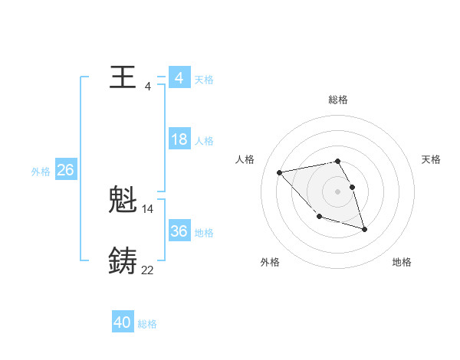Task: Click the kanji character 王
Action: pos(123,77)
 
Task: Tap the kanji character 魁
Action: pos(123,201)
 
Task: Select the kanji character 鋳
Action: pos(123,261)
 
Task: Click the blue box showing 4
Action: pos(179,78)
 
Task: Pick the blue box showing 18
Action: pos(179,139)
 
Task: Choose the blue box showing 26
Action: pos(65,170)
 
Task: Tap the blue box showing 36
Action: pos(179,231)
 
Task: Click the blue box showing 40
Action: pos(122,323)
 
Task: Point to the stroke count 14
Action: pos(148,208)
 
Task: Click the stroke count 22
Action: pos(148,270)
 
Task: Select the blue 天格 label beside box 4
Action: pos(204,80)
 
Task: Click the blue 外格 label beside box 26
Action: pos(41,172)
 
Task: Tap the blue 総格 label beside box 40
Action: pos(147,325)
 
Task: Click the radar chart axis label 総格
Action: pos(337,100)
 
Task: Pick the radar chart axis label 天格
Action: pos(431,159)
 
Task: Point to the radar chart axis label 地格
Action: pos(402,262)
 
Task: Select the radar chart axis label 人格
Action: pos(245,159)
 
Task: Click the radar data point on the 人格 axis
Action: pos(280,172)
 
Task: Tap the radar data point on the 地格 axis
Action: pos(364,229)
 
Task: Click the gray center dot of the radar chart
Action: pos(337,191)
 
